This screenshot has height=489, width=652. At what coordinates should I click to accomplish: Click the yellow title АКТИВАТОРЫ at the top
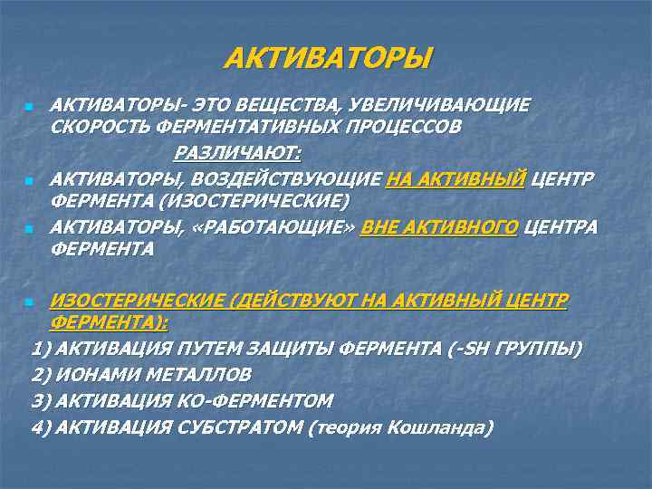coord(329,60)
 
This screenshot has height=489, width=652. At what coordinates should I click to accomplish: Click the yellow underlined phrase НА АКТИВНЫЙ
coord(455,177)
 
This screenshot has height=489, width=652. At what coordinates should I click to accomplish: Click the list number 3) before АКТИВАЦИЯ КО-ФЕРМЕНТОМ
coord(41,399)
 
